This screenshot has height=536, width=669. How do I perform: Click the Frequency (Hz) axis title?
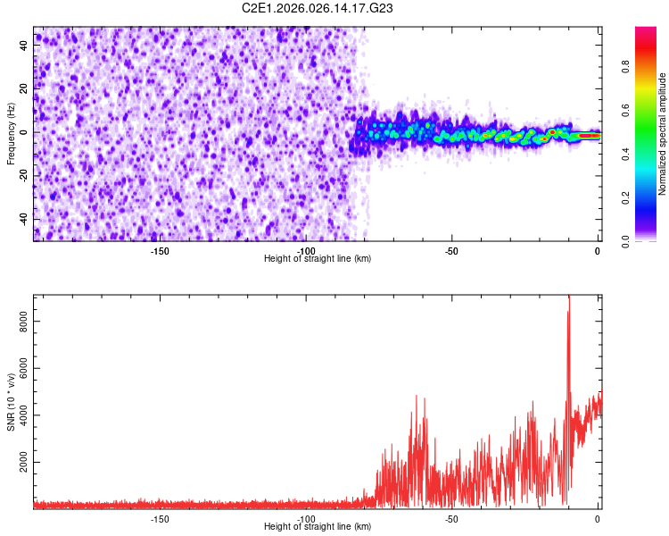12,134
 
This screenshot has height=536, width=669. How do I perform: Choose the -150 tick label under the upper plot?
160,252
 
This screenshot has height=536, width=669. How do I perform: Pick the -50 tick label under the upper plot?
451,252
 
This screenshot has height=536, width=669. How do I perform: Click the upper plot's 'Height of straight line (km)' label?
318,259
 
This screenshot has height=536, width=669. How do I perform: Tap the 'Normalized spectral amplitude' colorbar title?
663,134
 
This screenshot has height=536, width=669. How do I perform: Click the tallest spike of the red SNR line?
568,298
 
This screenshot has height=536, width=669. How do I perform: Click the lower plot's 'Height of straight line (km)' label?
318,527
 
